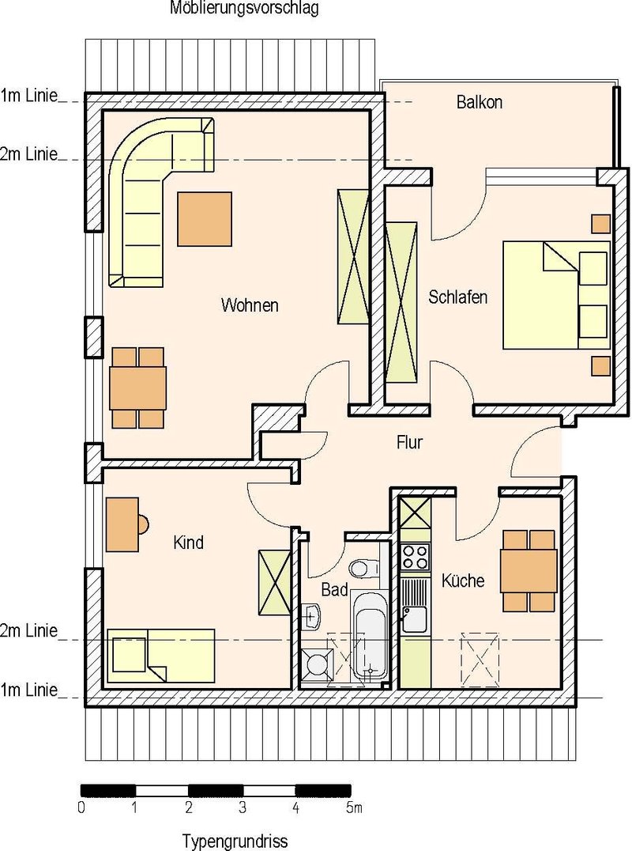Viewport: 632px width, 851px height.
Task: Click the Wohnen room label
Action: (250, 305)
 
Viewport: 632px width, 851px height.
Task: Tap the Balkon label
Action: (480, 102)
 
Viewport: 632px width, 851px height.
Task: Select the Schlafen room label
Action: (457, 297)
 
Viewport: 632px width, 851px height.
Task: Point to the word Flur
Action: (409, 442)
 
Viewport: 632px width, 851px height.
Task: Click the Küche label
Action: (462, 581)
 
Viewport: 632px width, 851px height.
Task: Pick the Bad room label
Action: (334, 589)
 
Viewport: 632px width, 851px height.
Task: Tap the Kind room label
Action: (188, 543)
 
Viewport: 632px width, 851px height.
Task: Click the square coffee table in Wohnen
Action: (205, 218)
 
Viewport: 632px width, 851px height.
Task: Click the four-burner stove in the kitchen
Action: (416, 556)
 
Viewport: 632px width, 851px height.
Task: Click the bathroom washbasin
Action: (312, 617)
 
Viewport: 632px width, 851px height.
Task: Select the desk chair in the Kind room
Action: (143, 524)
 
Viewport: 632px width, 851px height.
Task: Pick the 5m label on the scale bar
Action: (354, 808)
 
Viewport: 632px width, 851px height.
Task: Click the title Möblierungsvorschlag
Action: (244, 8)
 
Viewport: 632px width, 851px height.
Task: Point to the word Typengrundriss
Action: (234, 842)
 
